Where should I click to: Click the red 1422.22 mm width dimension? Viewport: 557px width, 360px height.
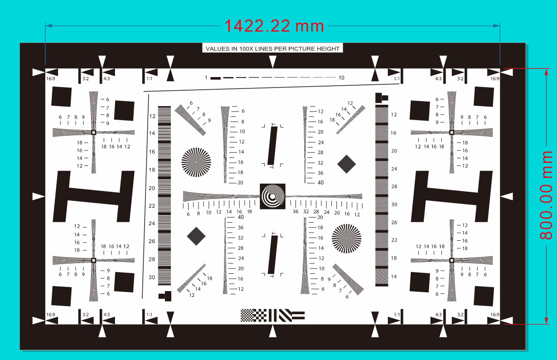tap(274, 26)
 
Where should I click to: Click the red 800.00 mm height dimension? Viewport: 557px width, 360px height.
tap(546, 195)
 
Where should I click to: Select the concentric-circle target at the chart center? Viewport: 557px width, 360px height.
tap(272, 196)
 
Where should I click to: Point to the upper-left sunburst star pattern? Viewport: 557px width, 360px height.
tap(196, 162)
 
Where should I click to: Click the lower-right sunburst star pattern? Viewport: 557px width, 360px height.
tap(346, 238)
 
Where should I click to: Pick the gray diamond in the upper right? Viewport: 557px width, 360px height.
tap(346, 164)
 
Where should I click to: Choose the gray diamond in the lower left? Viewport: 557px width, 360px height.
tap(196, 236)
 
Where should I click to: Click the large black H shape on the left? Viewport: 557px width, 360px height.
tap(94, 196)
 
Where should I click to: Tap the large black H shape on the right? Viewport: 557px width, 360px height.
tap(451, 196)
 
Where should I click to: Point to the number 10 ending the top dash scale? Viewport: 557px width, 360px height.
tap(341, 78)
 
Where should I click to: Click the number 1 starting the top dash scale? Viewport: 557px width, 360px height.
tap(206, 78)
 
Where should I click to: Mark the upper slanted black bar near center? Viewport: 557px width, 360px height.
tap(272, 146)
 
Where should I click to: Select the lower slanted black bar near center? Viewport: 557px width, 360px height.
tap(273, 255)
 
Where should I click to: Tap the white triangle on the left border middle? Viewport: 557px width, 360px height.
tap(39, 196)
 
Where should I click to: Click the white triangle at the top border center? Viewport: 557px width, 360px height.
tap(273, 62)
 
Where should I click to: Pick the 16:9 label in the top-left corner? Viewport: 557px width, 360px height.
tap(50, 79)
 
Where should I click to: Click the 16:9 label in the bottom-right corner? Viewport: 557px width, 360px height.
tap(494, 315)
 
